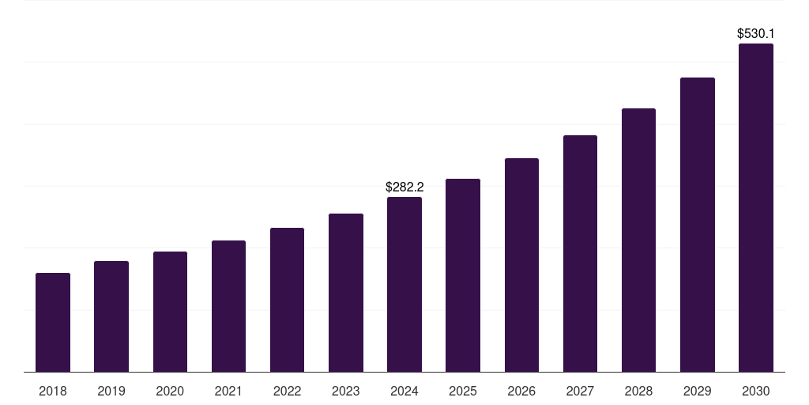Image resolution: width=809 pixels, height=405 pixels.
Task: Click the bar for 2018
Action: point(53,323)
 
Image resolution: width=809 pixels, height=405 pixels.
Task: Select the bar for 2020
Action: point(170,312)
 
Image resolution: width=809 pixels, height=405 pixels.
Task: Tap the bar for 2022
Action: point(287,300)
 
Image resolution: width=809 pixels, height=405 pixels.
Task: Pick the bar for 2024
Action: point(404,285)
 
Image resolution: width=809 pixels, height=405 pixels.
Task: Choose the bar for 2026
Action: point(521,265)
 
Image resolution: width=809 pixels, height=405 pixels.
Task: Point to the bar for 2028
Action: point(638,240)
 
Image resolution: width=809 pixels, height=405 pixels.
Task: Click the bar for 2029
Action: point(698,225)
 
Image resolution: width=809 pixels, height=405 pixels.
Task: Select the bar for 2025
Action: point(463,275)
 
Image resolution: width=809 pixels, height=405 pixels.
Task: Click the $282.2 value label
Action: point(404,187)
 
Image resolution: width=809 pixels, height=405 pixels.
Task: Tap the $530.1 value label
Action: point(756,34)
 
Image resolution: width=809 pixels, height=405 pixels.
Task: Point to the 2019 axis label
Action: point(111,392)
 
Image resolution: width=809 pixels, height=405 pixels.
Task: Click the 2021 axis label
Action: point(228,392)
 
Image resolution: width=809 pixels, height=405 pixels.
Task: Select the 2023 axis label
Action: point(346,392)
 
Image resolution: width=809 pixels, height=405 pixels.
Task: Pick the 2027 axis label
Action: point(580,392)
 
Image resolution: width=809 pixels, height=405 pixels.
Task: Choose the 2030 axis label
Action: point(756,392)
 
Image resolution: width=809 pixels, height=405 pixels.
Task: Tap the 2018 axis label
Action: point(53,392)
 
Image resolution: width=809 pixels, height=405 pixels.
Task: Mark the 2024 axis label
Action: point(404,392)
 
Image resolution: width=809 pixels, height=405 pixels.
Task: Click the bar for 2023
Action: point(346,293)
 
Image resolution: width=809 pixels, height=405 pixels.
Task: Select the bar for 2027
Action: point(580,254)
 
